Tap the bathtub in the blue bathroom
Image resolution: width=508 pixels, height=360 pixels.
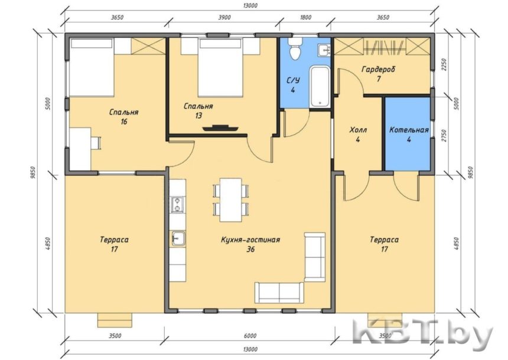point(320,86)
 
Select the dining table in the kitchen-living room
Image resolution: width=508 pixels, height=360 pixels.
point(231,199)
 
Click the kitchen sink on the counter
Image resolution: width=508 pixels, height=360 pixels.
point(178,238)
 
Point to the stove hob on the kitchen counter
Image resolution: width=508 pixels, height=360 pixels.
point(177,205)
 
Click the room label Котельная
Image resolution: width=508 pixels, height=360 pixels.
point(409,130)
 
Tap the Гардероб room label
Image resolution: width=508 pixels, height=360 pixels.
point(379,69)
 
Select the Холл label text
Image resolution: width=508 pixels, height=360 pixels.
point(358,130)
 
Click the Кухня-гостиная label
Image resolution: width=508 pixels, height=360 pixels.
point(250,240)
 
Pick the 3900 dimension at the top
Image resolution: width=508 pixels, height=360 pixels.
point(224,18)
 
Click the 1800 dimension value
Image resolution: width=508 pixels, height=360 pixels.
point(305,18)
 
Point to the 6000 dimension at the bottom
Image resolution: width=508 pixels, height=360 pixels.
point(250,336)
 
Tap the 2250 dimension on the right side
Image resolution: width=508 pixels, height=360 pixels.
point(444,65)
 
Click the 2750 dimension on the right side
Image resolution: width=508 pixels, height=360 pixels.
point(444,136)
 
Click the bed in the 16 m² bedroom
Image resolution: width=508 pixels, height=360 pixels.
point(92,67)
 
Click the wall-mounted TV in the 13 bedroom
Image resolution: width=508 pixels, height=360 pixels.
point(220,128)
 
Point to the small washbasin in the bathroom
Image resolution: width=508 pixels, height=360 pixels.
point(324,50)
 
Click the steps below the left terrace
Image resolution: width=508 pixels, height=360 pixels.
point(115,320)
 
